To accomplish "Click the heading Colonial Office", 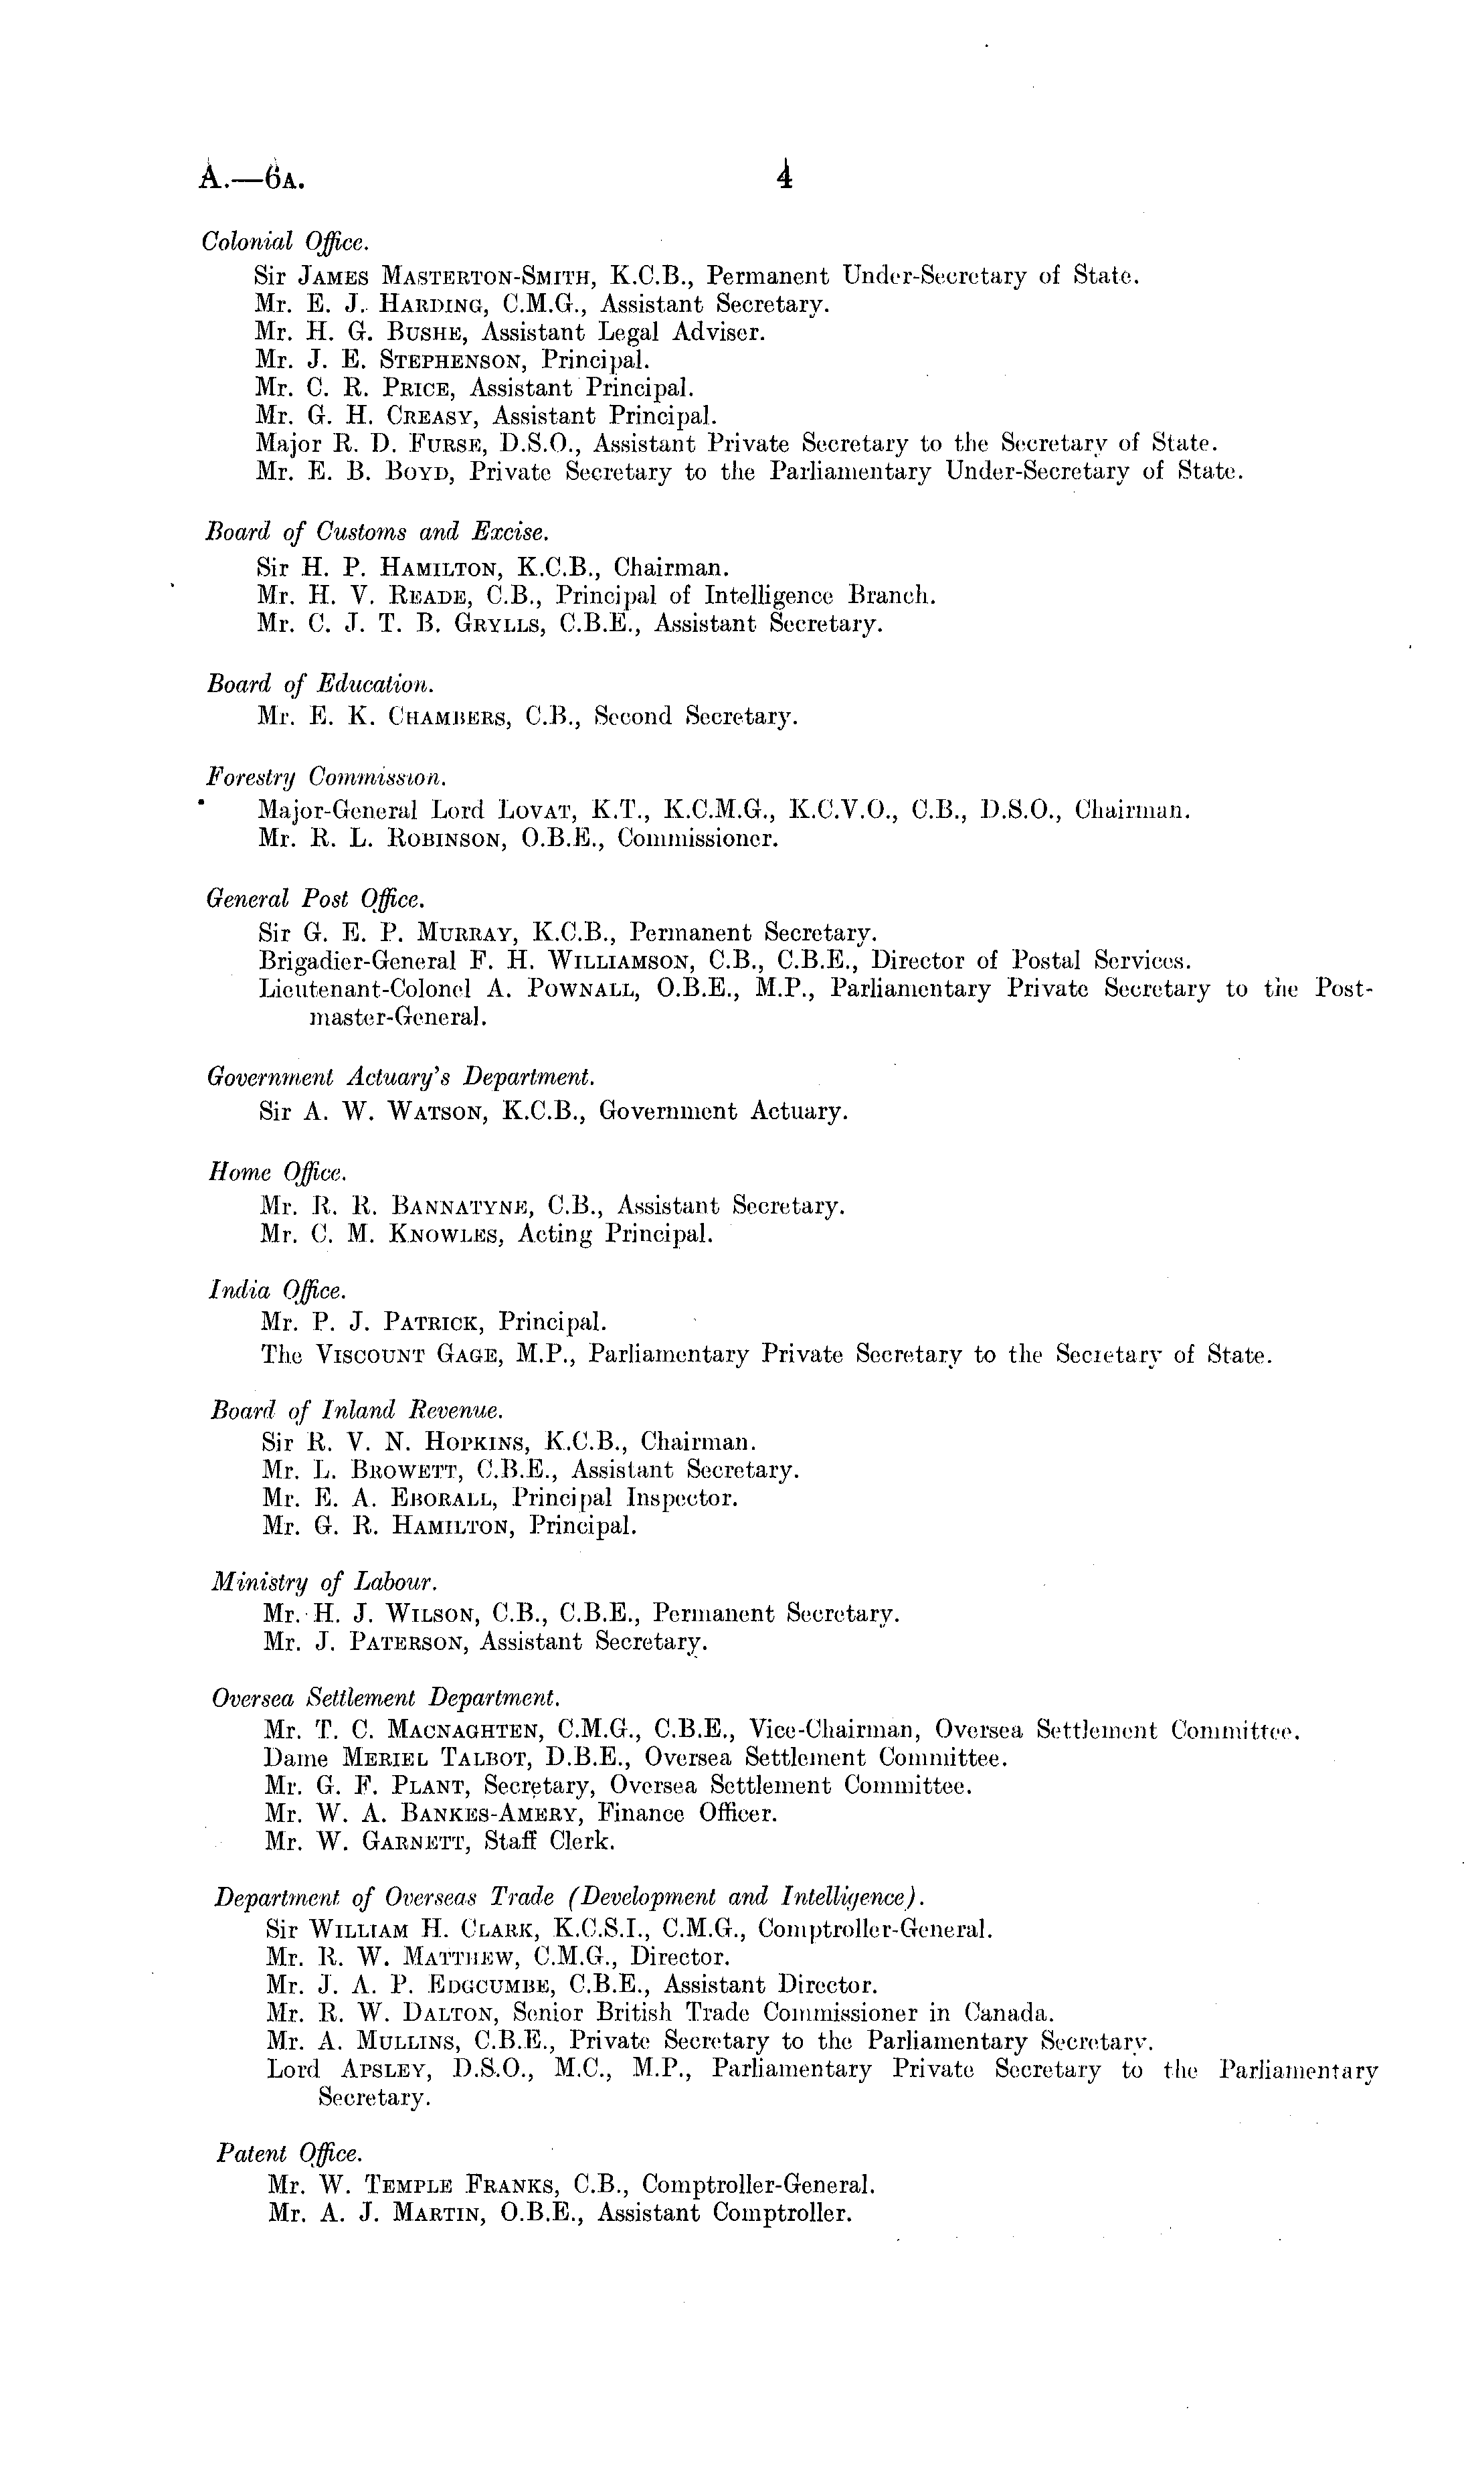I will (x=285, y=241).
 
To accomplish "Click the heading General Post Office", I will (x=315, y=899).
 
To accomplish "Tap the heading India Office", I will (x=278, y=1290).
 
